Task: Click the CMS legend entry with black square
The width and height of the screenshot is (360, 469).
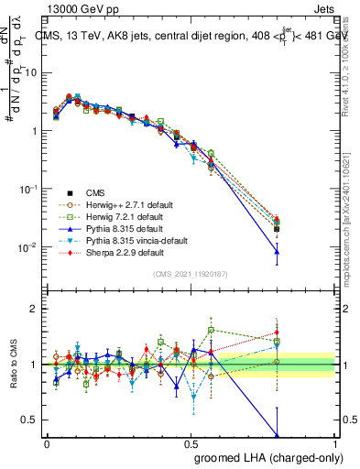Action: pos(95,192)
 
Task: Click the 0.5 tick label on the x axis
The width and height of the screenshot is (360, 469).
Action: pos(191,443)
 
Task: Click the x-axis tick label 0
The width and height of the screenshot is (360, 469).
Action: pos(47,443)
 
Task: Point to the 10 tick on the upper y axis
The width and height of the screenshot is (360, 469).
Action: pos(30,71)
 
